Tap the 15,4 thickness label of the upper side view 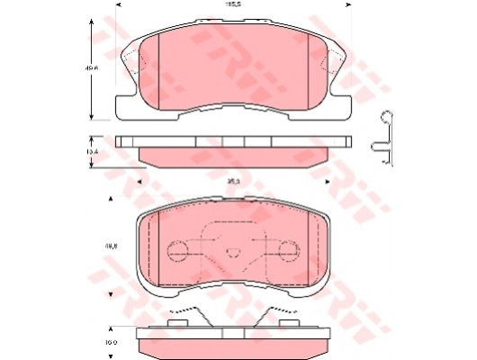[x=91, y=152]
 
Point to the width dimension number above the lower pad [x=232, y=181]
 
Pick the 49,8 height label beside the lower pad [x=111, y=243]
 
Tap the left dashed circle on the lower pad [x=179, y=249]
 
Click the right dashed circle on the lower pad [x=287, y=249]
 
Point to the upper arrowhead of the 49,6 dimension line [x=91, y=18]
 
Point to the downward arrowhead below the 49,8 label [x=111, y=294]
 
